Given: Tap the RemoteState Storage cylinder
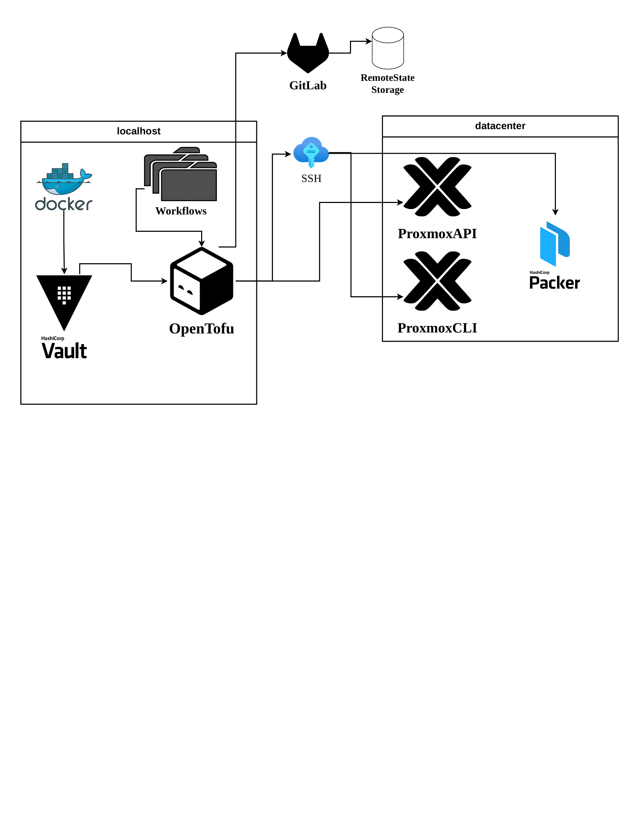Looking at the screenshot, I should tap(388, 48).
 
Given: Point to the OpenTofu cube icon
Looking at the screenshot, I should tap(201, 281).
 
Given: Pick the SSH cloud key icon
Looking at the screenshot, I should tap(311, 151).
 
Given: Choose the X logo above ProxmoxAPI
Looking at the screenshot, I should tap(437, 187).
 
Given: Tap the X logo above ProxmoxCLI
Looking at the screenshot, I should tap(437, 281).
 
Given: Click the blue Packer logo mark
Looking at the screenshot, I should tap(554, 244).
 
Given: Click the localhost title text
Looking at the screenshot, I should tap(139, 131).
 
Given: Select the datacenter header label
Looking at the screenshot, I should tap(500, 126).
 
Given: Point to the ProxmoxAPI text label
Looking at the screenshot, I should tap(437, 234).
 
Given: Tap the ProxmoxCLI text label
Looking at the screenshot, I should tap(437, 328).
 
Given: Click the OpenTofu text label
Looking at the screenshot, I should tap(201, 329).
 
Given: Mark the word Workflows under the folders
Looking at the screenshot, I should tap(181, 211).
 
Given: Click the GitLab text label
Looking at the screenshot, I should tap(308, 86).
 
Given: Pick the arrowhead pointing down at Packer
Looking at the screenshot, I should tap(555, 212).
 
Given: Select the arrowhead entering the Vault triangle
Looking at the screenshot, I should tap(64, 271).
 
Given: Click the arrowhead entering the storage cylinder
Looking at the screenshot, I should tap(369, 41).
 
